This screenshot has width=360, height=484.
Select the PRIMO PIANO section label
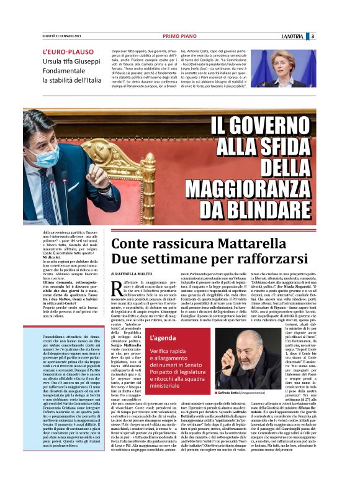(179, 37)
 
